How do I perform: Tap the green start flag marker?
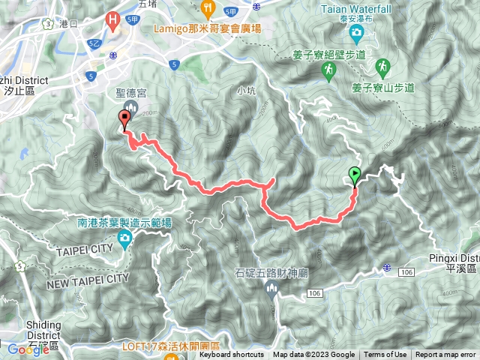tap(355, 175)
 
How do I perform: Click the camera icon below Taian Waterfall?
tap(355, 31)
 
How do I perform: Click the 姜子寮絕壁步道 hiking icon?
tap(328, 70)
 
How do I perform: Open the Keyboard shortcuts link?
tap(232, 355)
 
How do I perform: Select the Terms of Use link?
tap(385, 355)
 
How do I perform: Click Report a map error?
tap(446, 355)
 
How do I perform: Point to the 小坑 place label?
tap(245, 91)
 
